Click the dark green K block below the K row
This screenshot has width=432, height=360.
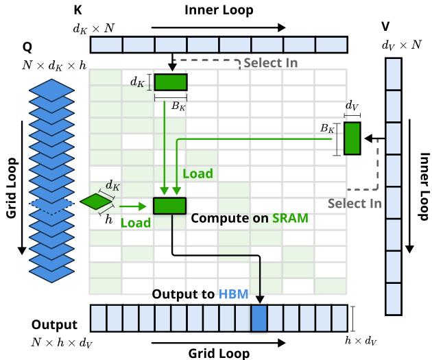pos(170,82)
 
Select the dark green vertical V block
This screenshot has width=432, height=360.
pos(352,138)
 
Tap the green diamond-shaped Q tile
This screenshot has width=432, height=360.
pos(96,202)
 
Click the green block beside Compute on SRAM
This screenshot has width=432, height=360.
pos(169,205)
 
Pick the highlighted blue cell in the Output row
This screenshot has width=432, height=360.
pos(259,319)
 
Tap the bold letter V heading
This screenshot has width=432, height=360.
pos(386,28)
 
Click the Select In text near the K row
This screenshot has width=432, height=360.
pos(262,64)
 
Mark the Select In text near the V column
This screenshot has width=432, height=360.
pos(355,204)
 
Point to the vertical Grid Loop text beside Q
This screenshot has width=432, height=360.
pos(12,186)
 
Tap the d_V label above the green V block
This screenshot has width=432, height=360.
pos(352,106)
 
